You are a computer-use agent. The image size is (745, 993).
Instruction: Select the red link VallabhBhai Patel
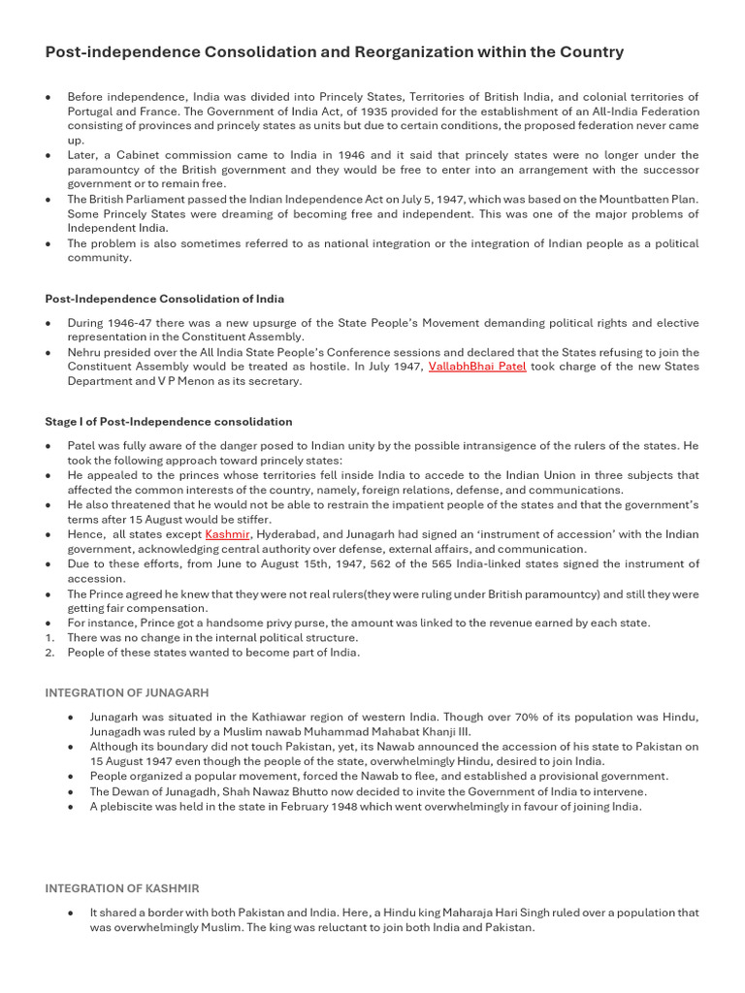click(x=477, y=367)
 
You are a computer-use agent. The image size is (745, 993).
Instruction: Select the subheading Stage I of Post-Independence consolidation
click(x=168, y=422)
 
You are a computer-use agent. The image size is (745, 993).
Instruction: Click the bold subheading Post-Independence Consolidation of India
click(x=164, y=299)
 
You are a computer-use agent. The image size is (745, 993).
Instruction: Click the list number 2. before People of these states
click(x=49, y=653)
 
